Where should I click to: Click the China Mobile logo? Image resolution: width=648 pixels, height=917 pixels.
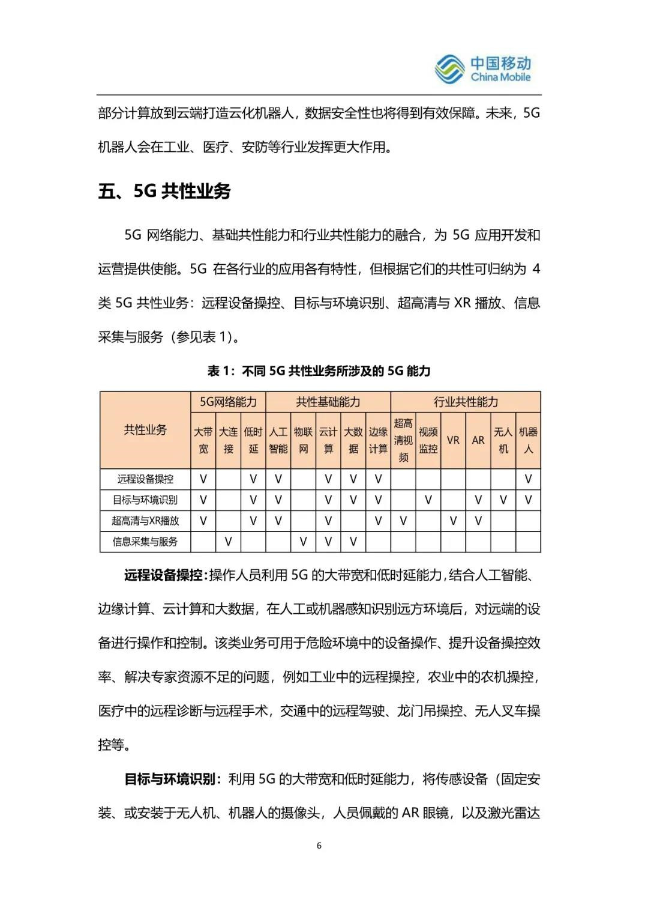482,69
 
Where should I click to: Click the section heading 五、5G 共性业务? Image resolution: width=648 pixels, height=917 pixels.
164,191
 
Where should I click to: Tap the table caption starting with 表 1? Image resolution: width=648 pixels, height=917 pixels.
319,371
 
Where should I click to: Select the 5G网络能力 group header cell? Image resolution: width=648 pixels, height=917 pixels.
228,402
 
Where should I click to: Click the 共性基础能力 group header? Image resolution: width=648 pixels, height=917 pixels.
328,402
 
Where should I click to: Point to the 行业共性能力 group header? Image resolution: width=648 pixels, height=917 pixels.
466,402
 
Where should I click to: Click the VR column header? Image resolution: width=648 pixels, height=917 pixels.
453,440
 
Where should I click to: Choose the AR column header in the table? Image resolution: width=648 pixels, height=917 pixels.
478,440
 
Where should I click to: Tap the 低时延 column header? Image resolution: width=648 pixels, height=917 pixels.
253,440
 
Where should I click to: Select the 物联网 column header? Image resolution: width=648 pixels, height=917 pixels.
303,440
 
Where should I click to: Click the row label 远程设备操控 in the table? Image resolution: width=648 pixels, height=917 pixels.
145,479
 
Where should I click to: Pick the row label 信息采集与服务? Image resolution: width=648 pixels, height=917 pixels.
145,542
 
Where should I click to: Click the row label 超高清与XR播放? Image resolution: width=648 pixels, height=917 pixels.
145,521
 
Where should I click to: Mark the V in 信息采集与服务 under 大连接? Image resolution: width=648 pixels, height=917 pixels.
228,542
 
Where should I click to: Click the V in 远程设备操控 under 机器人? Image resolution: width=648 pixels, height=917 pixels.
528,479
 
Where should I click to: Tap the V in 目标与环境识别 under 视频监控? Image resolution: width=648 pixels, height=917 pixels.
428,500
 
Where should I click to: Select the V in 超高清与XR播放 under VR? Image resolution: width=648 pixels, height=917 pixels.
453,521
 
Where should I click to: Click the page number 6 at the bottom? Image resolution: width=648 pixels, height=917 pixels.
319,846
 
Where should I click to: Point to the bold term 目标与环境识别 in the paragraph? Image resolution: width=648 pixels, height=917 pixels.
169,779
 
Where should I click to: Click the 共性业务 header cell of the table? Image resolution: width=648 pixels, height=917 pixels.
145,430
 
